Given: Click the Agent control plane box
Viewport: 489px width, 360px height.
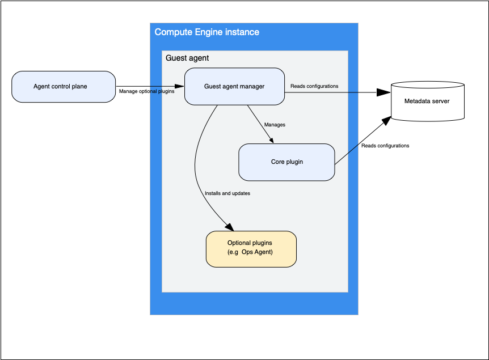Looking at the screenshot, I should (64, 87).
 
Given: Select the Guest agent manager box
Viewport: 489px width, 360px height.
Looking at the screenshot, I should (234, 87).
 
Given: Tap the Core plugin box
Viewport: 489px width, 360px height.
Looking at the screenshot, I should (286, 162).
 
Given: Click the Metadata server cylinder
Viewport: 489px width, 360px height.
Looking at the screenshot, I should (427, 101).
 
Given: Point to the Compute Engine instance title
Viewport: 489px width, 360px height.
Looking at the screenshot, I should (206, 32).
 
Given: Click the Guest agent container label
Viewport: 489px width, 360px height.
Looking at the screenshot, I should (187, 58).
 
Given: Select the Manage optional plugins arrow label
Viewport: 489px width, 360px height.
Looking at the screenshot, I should (146, 91).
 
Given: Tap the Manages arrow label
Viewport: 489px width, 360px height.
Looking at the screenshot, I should (275, 124).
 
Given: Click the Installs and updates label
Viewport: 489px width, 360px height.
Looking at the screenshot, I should (227, 193).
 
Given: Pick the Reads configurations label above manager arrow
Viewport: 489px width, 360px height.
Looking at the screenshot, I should (314, 86).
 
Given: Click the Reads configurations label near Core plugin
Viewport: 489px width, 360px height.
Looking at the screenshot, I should (385, 146).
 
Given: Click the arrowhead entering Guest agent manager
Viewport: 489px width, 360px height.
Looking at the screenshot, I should (180, 86).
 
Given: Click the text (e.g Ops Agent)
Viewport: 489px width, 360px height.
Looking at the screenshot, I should (250, 252).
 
